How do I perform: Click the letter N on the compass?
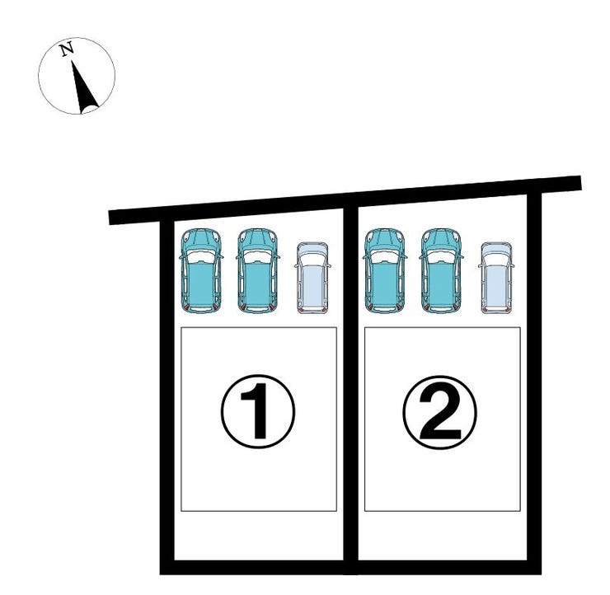pos(67,49)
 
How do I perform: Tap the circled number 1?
pos(258,411)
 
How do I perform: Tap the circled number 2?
pos(439,412)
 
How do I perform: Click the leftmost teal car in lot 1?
pos(201,270)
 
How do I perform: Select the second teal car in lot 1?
pos(257,270)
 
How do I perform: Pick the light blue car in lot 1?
pos(312,278)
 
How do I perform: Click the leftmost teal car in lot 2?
pos(384,270)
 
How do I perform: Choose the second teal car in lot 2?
pos(441,270)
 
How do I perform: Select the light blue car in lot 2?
pos(496,278)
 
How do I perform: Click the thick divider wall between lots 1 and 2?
pos(350,389)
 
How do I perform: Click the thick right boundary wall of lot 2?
pos(534,383)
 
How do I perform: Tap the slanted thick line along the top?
pos(345,200)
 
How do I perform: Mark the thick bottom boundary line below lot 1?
pos(256,567)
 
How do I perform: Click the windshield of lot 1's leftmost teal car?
pos(201,256)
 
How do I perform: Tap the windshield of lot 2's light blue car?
pos(496,260)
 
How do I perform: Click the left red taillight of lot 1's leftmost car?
pos(187,307)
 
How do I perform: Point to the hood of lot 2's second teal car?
pos(441,239)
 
